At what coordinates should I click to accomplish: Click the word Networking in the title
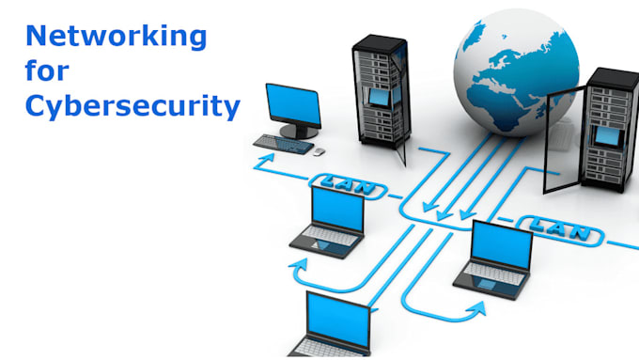pos(117,39)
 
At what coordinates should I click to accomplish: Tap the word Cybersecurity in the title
pos(132,106)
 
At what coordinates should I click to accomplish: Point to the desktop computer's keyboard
pos(283,143)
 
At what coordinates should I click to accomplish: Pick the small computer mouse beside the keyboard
pos(319,150)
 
